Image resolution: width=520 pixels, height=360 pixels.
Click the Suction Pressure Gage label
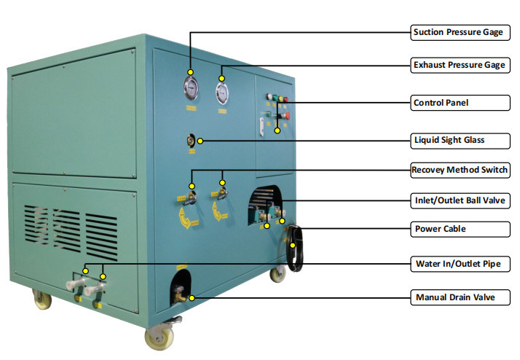coord(459,32)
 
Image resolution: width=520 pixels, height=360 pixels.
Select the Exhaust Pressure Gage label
coord(459,65)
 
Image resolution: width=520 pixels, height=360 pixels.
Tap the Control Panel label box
coord(459,103)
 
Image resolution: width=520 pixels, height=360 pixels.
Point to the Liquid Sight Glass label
coord(459,139)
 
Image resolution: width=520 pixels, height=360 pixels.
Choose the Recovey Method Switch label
coord(459,171)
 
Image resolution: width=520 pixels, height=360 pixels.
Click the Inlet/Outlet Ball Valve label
coord(459,200)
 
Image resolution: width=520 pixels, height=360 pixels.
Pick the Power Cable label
coord(459,229)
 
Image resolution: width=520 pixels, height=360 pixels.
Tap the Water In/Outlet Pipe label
coord(459,263)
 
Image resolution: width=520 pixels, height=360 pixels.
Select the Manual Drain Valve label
coord(459,297)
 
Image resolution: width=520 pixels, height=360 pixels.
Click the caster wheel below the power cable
coord(277,275)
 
